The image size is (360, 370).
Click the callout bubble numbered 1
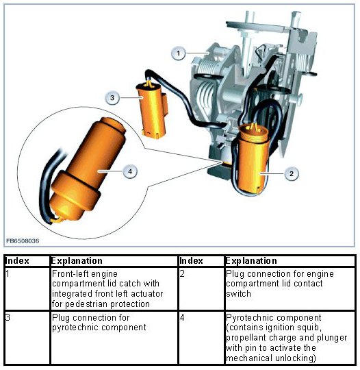pos(178,53)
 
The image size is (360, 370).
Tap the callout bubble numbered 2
pos(292,173)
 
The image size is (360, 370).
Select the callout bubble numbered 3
pos(112,97)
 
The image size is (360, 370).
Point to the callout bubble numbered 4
pos(130,171)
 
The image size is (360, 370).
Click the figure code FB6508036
pos(23,241)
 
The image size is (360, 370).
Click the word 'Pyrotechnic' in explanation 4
pos(250,318)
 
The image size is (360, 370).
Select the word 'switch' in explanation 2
pos(238,293)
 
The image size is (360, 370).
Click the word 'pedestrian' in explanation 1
pos(86,304)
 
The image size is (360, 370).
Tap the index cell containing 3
pos(27,338)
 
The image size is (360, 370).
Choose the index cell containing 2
pos(201,289)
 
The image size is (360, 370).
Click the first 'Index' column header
pos(17,261)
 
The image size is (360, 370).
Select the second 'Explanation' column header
pos(251,261)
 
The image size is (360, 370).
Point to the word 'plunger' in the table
pos(332,338)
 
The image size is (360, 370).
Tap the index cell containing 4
pos(201,338)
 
